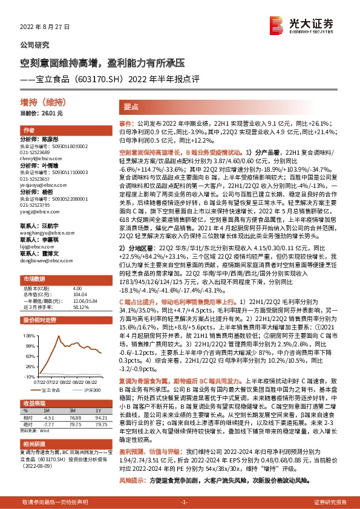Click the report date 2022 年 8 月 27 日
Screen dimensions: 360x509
45,27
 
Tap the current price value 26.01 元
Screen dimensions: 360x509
51,113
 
